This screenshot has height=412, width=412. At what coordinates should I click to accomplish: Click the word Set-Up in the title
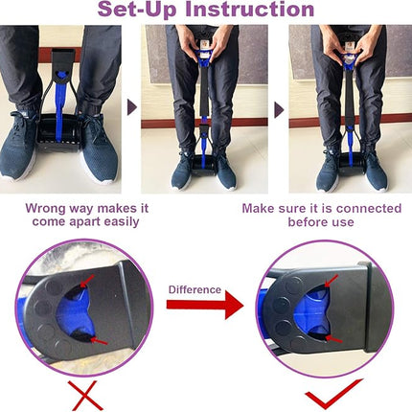138,11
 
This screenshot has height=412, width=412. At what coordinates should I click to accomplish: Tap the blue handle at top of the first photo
64,67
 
